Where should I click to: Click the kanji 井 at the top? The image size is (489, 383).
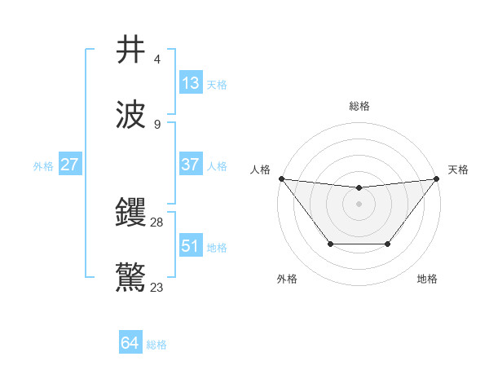coord(131,51)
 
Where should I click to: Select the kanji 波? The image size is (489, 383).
coord(131,115)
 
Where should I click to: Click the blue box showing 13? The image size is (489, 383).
coord(191,83)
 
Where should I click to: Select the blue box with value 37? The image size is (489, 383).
coord(191,164)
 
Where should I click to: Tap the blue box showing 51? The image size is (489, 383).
coord(191,245)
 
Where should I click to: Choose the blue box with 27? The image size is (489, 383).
coord(70,165)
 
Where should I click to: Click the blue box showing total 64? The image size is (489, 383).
coord(130,343)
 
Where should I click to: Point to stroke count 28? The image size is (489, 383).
coord(158,222)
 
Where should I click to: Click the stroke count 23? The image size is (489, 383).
coord(158,287)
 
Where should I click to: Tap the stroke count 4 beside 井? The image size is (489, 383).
coord(157,59)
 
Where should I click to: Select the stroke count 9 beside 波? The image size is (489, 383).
coord(157,125)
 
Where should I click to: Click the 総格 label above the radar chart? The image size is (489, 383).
coord(359,106)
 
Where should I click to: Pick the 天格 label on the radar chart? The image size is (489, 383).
coord(459,169)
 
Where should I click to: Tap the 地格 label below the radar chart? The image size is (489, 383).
coord(427,280)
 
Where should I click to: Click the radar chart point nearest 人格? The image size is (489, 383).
coord(281,178)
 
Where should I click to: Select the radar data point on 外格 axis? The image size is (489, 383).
coord(330,244)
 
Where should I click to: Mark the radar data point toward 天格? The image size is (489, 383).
coord(437,178)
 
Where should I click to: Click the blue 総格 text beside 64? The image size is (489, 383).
coord(156,345)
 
